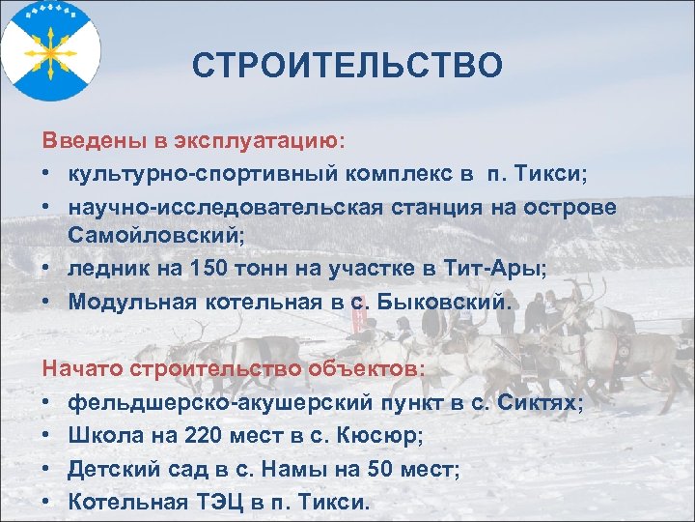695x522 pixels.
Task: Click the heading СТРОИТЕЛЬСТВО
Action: pos(347,66)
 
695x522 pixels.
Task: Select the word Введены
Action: pos(94,140)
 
